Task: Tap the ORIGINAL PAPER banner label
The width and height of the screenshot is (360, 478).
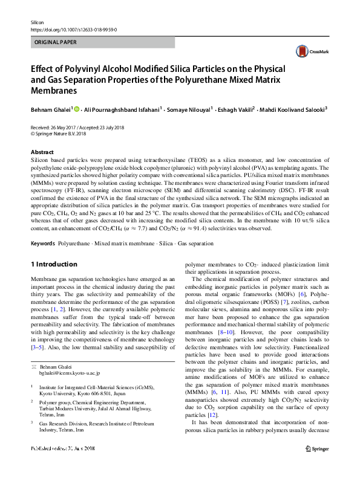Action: [x=54, y=43]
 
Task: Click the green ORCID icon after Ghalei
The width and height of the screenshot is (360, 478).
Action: [x=77, y=109]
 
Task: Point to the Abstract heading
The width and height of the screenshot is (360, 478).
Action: [x=41, y=152]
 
